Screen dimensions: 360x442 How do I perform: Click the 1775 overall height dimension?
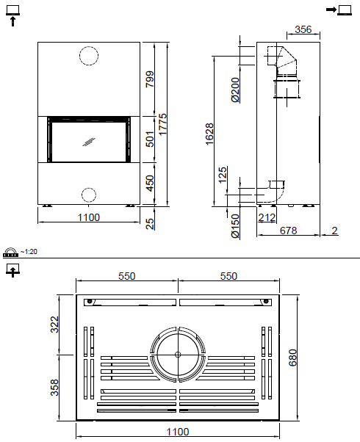[x=163, y=124]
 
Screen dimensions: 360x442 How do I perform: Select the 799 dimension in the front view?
[x=151, y=79]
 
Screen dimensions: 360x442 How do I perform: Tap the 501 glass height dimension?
[x=151, y=140]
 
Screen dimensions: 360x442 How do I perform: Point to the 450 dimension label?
[x=151, y=184]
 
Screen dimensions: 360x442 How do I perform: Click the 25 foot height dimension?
[x=151, y=223]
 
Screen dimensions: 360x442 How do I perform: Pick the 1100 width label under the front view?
[x=89, y=217]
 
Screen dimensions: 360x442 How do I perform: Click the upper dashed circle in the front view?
[x=89, y=56]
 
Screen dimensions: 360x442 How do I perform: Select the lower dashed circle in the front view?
[x=89, y=195]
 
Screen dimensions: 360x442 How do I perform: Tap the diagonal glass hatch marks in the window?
[x=89, y=142]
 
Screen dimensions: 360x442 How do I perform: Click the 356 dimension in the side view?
[x=303, y=29]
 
